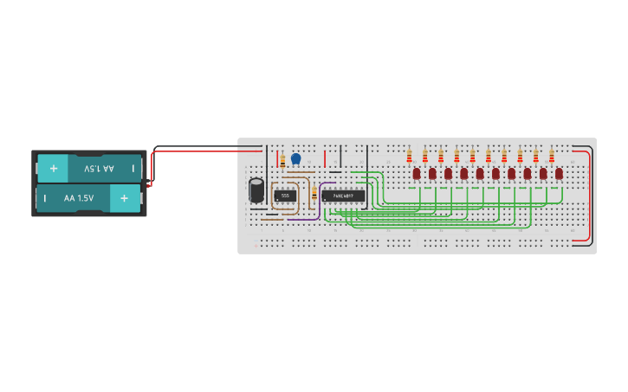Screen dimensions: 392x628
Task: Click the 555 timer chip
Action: pos(285,196)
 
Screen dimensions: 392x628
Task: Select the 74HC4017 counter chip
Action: pos(343,196)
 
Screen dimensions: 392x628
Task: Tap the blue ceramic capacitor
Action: pos(296,158)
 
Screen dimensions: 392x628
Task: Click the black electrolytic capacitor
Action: pos(256,190)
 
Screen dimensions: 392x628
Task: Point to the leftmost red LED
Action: pos(417,173)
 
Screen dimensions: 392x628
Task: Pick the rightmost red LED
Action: pos(559,173)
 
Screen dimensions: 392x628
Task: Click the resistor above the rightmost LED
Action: pos(551,156)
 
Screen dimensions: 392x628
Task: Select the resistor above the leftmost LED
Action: pos(409,156)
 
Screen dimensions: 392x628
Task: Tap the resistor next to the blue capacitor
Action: pos(282,160)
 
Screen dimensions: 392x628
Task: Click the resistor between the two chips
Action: pos(314,195)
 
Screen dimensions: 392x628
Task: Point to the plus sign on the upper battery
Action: pos(54,168)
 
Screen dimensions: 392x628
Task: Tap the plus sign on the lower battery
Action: pos(124,198)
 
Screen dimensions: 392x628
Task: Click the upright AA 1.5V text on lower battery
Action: pos(79,198)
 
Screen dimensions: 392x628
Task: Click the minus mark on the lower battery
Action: pos(45,198)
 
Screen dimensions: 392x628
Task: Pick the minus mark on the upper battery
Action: pos(133,168)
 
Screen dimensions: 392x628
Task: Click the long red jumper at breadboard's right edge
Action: pos(591,195)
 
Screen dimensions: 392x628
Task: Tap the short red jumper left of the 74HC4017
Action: pos(325,158)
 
